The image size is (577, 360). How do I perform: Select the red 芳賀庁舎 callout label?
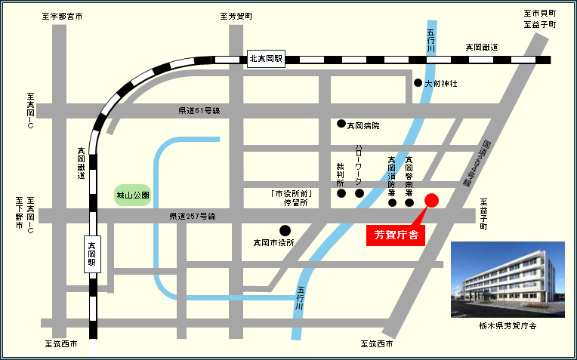tap(396, 235)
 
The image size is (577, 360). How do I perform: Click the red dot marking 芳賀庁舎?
tap(432, 200)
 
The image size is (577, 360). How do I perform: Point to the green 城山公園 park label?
tap(133, 195)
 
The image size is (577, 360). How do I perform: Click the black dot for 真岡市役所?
tap(285, 230)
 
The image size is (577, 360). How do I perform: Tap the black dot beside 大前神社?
tap(418, 82)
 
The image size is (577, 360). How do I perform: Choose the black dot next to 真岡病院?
tap(341, 124)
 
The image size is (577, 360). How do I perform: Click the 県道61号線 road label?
tap(199, 111)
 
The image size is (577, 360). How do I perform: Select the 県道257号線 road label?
tap(192, 217)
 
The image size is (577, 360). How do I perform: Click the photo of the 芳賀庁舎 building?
tap(508, 278)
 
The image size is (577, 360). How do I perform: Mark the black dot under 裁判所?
tap(341, 193)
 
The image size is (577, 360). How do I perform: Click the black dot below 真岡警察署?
tap(409, 202)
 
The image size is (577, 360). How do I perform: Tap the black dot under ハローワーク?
tap(359, 193)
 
